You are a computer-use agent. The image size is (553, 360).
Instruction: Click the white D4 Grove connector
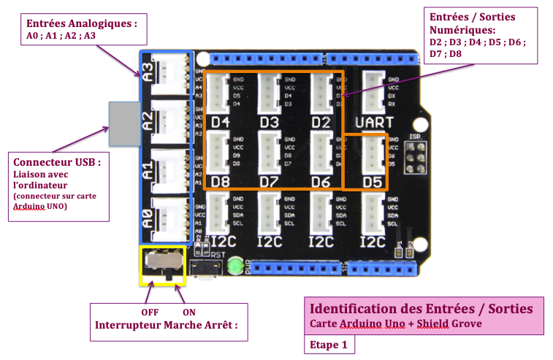pos(220,92)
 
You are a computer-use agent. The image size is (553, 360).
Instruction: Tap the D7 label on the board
pos(270,180)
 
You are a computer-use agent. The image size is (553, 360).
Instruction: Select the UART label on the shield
pos(373,122)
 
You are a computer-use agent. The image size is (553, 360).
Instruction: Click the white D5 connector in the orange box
pos(373,153)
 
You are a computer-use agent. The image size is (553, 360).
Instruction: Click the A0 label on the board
pos(148,217)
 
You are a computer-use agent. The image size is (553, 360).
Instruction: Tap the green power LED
pos(234,267)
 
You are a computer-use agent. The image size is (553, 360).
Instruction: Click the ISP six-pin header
pos(414,156)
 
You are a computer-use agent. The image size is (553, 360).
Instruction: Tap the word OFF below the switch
pos(150,312)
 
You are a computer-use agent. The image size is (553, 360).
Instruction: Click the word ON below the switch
pos(188,312)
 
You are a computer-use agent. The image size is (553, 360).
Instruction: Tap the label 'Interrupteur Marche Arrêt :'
pos(167,325)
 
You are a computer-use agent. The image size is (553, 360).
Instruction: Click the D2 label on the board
pos(321,122)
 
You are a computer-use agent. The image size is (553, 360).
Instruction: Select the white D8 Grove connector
pos(220,152)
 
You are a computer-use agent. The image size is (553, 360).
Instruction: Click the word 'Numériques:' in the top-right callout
pos(463,31)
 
